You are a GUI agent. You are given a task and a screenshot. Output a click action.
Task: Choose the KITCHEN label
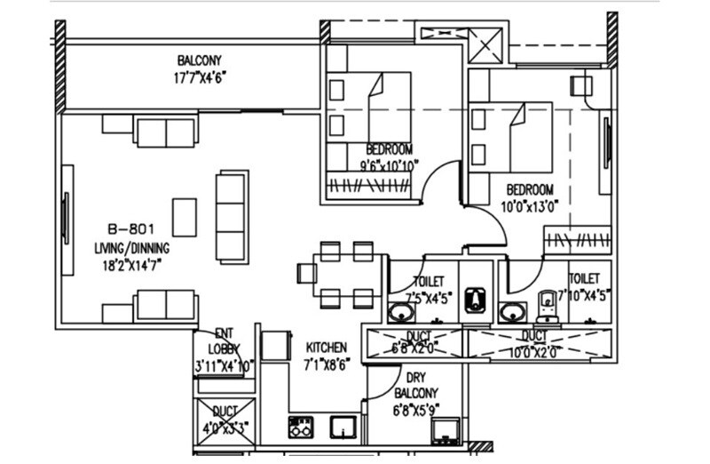pos(326,347)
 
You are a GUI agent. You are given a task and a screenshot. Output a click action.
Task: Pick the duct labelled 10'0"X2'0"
pos(532,342)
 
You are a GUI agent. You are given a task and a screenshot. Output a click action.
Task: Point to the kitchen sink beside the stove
pos(342,426)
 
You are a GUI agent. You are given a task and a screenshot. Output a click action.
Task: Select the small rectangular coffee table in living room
pos(185,216)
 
